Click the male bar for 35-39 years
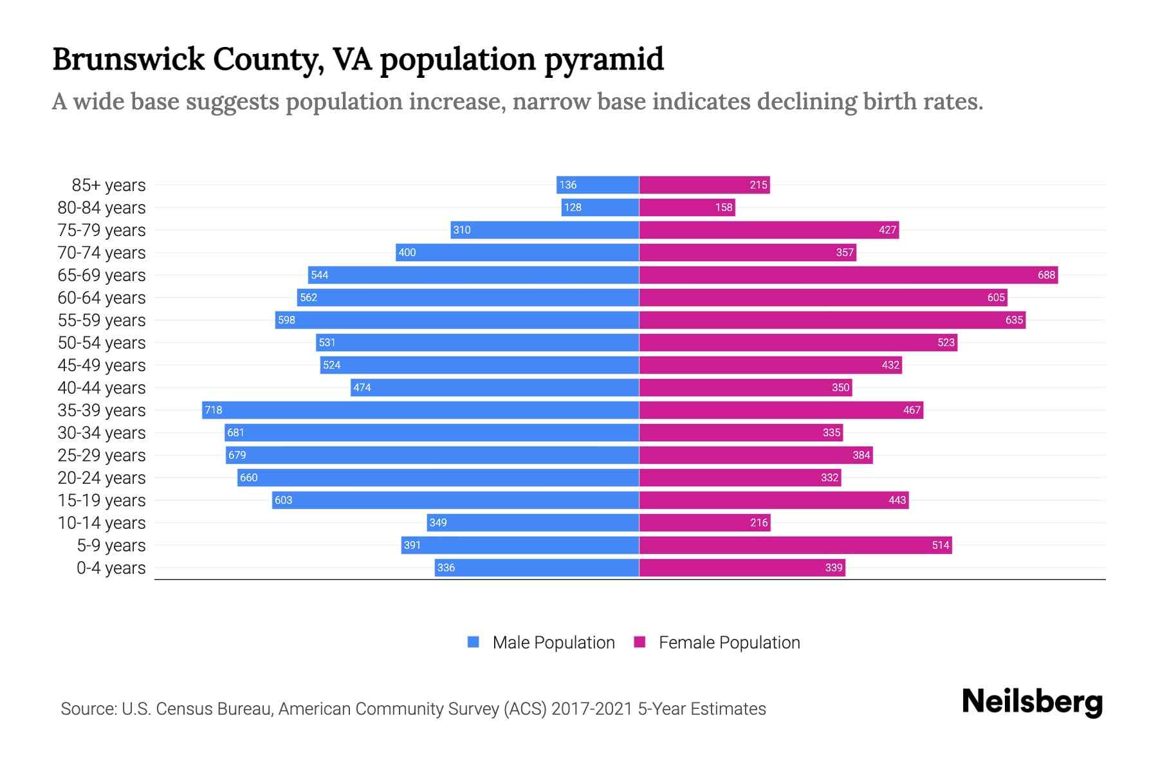[x=420, y=410]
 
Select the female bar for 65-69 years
[x=848, y=275]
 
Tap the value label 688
[x=1046, y=275]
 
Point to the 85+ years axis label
[x=109, y=185]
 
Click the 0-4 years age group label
[x=111, y=568]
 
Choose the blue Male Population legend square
[x=473, y=642]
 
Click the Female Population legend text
[x=729, y=642]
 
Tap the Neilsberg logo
[x=1032, y=702]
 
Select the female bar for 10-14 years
[x=704, y=522]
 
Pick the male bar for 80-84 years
[x=600, y=207]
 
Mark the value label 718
[x=213, y=410]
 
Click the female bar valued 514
[x=795, y=545]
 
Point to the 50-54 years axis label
[x=102, y=343]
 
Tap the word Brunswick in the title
[x=127, y=59]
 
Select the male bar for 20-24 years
[x=437, y=477]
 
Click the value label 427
[x=887, y=230]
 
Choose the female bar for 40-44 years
[x=745, y=387]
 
